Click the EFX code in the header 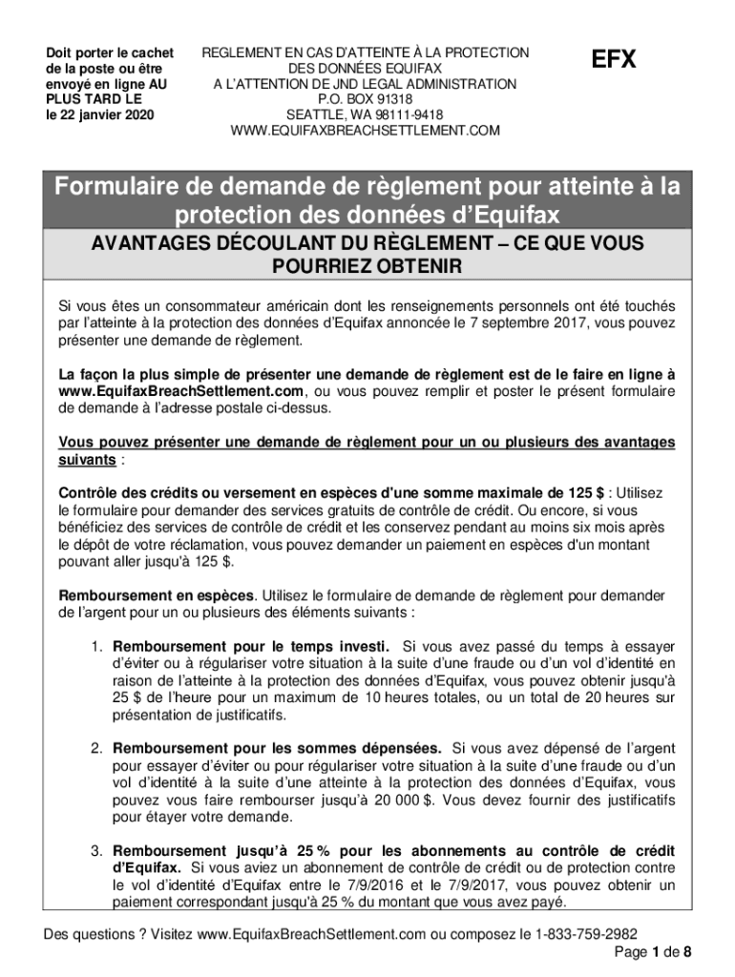(x=613, y=60)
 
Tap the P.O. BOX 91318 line (x=365, y=99)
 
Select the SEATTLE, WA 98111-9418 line (x=365, y=114)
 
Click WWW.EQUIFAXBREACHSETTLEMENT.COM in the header (x=365, y=131)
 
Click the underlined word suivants (x=88, y=460)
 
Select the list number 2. (x=97, y=748)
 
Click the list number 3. (x=97, y=850)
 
